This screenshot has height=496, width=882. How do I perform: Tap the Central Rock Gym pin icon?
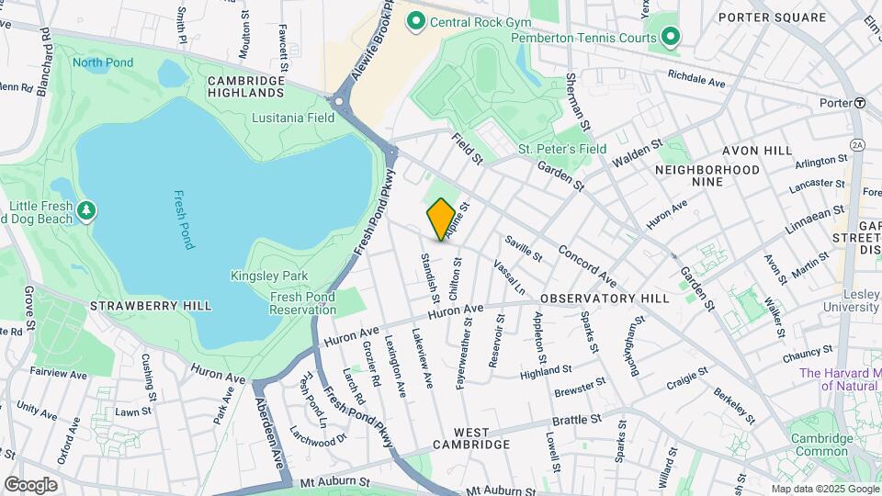tap(415, 20)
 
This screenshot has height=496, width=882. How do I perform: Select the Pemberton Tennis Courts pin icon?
tap(672, 38)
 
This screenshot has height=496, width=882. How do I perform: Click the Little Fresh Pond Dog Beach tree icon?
tap(86, 211)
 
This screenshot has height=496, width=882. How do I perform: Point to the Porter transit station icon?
tap(860, 102)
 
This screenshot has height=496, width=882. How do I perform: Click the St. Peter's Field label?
tap(562, 149)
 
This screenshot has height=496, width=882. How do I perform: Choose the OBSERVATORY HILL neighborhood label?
tap(605, 299)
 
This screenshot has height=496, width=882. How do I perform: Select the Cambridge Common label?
tap(820, 444)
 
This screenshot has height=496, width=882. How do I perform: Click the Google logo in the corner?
tap(30, 484)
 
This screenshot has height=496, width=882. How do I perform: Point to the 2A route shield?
tap(857, 144)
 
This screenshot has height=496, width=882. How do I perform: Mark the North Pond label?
tap(103, 63)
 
